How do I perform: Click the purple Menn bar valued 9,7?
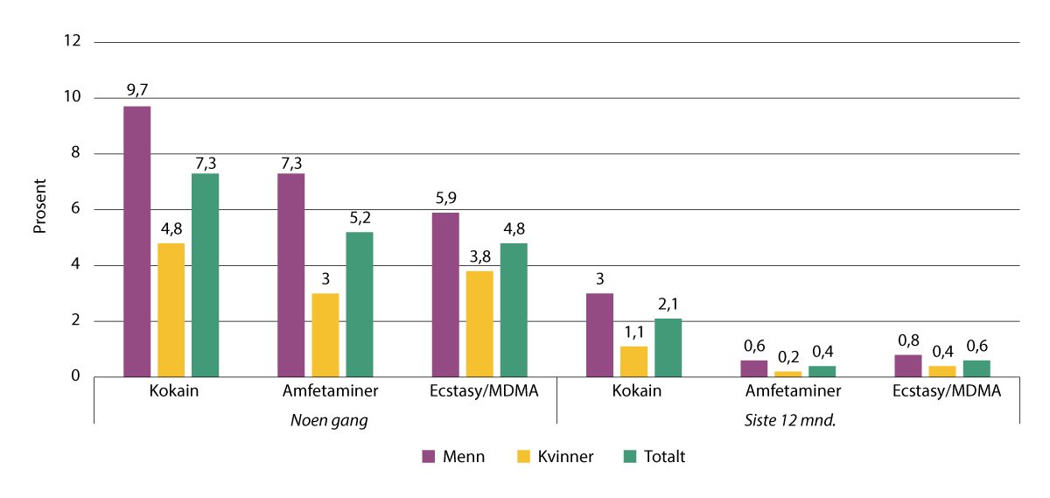tap(136, 242)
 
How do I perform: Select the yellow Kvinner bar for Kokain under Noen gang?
tap(171, 310)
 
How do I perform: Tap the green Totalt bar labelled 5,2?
tap(360, 305)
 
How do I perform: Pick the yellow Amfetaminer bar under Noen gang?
tap(325, 335)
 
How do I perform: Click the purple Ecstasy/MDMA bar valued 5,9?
tap(444, 295)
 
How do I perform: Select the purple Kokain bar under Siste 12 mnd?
tap(599, 335)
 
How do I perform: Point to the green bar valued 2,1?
tap(668, 347)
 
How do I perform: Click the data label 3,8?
tap(479, 258)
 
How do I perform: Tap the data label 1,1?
tap(633, 333)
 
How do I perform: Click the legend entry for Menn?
tap(455, 456)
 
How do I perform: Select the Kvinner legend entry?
tap(556, 456)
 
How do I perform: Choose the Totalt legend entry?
tap(654, 456)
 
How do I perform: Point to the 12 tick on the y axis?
tap(72, 42)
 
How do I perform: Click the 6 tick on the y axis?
tap(76, 209)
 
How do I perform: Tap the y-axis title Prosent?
tap(39, 209)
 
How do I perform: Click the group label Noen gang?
tap(328, 420)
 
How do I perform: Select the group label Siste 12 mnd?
tap(790, 420)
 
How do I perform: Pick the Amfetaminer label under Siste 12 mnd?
tap(790, 391)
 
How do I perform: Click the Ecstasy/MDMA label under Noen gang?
tap(479, 391)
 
